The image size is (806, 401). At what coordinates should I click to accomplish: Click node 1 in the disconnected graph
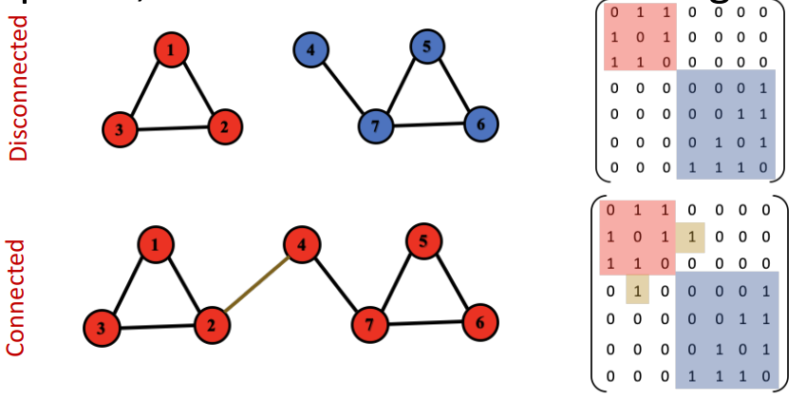170,50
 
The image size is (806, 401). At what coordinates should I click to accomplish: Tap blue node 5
428,46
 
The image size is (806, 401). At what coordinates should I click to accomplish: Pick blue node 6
481,124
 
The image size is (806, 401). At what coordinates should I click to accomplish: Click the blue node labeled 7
376,126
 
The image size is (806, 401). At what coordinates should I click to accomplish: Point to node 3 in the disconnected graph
119,130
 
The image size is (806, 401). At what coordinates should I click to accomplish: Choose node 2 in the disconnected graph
225,126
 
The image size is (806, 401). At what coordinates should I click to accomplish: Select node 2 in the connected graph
212,325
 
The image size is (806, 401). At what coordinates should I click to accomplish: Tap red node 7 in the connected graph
368,326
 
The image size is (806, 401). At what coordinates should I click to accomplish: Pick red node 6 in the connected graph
480,323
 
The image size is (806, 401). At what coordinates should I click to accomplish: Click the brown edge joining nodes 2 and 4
256,285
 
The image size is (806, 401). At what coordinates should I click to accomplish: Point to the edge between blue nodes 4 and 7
343,87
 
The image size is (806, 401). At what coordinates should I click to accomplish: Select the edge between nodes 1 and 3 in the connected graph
128,285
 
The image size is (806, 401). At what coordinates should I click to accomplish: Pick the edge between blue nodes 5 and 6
455,85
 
